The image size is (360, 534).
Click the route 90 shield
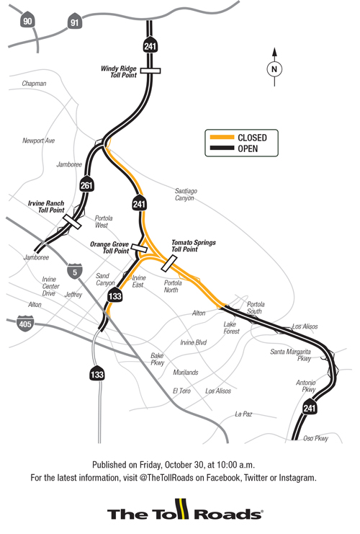coord(28,22)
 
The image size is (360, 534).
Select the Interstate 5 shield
coord(72,272)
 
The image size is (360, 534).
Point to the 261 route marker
coord(86,182)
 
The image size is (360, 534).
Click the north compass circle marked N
coord(274,69)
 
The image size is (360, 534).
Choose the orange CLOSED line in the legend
coord(220,137)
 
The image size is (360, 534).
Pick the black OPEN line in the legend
coord(220,149)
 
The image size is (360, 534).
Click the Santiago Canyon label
coord(185,195)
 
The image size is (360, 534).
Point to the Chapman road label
coord(34,84)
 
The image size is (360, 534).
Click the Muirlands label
coord(186,373)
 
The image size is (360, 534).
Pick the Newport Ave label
coord(38,141)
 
